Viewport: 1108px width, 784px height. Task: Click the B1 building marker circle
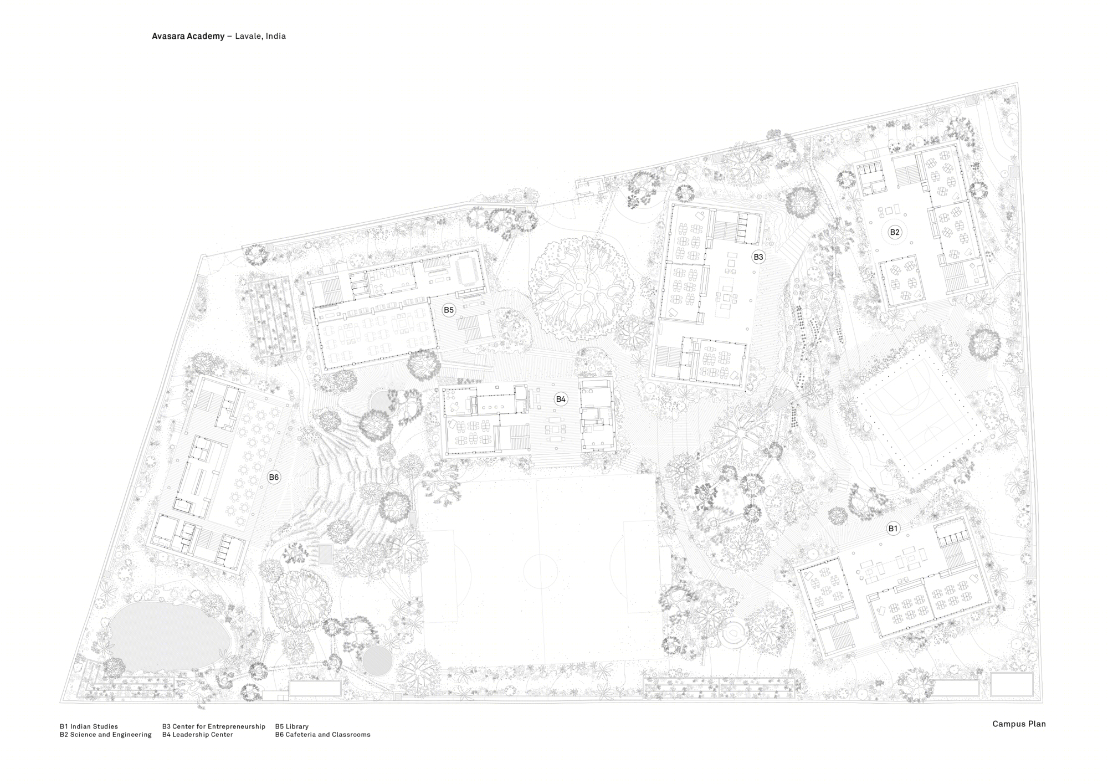(x=892, y=529)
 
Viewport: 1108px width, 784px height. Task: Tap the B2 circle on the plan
(x=895, y=232)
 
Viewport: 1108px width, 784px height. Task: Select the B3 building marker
(x=758, y=257)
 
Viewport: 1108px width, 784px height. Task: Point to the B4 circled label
(x=561, y=399)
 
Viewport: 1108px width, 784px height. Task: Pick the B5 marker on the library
(x=449, y=310)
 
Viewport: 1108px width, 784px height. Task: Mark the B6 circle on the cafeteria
(x=274, y=478)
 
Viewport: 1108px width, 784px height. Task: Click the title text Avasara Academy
(x=188, y=36)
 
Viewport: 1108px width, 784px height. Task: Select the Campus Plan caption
(x=1019, y=724)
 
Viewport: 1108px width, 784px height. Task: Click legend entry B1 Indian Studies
(x=89, y=726)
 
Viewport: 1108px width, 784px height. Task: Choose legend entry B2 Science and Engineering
(x=105, y=735)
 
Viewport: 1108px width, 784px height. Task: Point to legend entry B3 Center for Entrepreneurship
(x=214, y=726)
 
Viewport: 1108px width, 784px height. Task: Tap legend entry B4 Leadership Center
(x=197, y=735)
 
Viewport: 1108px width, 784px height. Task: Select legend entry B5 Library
(x=292, y=726)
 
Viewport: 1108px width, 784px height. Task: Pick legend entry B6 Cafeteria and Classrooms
(x=322, y=735)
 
